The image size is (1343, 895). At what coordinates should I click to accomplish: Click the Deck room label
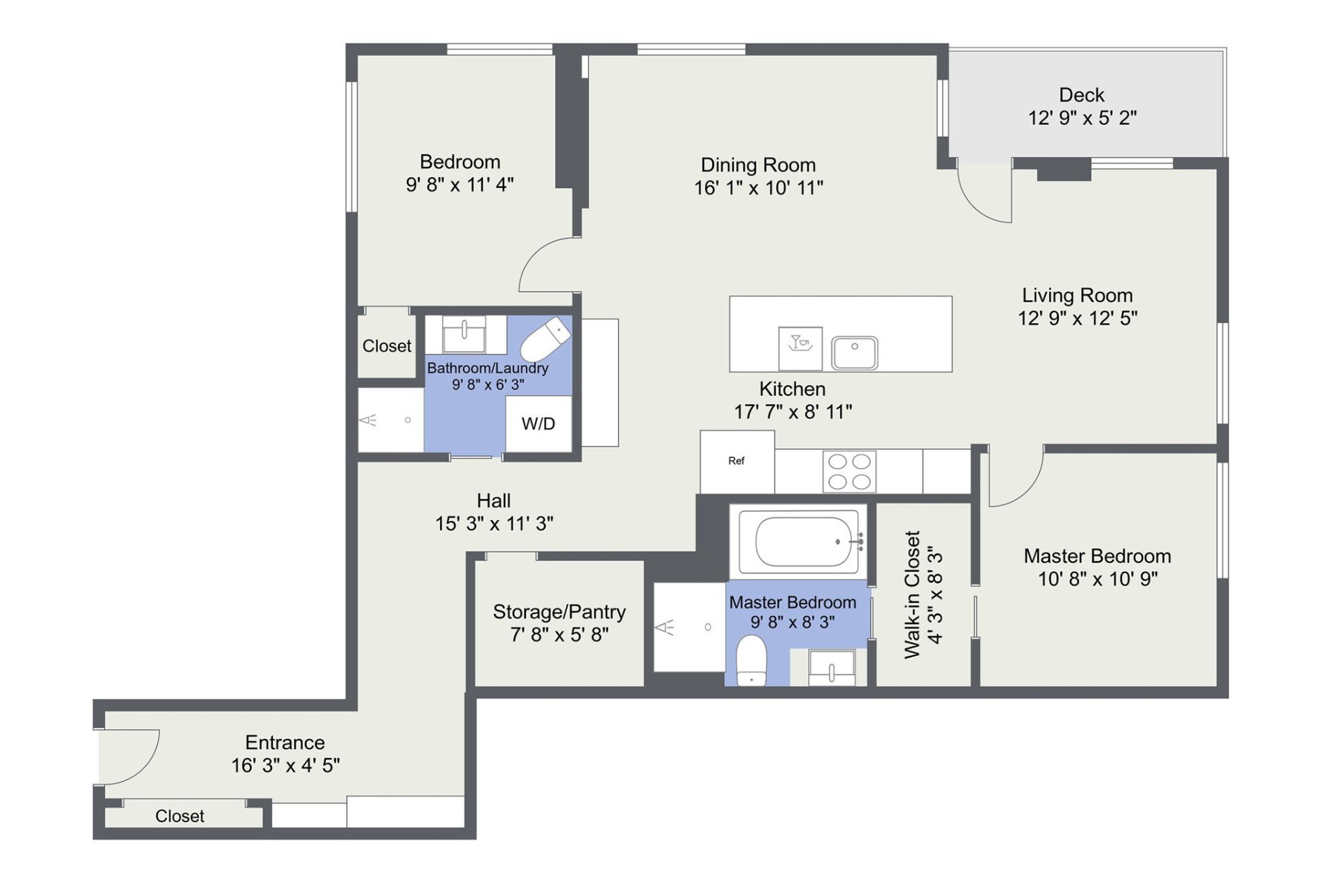pyautogui.click(x=1081, y=95)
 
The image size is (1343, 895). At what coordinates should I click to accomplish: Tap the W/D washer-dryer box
pyautogui.click(x=539, y=424)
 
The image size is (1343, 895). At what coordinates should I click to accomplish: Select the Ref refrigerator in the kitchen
pyautogui.click(x=737, y=461)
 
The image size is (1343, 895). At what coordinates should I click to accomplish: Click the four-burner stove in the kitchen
pyautogui.click(x=849, y=471)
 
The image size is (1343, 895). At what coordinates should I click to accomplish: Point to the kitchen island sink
pyautogui.click(x=854, y=352)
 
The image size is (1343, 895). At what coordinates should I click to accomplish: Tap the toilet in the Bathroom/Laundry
pyautogui.click(x=546, y=339)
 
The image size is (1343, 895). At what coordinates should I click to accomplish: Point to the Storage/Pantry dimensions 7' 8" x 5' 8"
pyautogui.click(x=559, y=635)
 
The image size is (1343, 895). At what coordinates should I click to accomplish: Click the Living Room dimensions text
pyautogui.click(x=1077, y=318)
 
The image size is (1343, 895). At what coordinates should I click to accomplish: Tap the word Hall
pyautogui.click(x=493, y=501)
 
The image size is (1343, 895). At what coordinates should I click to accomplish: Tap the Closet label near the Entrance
pyautogui.click(x=180, y=816)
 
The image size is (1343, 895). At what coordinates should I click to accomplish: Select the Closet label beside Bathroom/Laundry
pyautogui.click(x=387, y=346)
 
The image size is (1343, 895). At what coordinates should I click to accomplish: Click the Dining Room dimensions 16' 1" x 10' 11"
pyautogui.click(x=758, y=187)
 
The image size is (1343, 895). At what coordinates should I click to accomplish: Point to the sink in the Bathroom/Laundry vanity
pyautogui.click(x=464, y=334)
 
